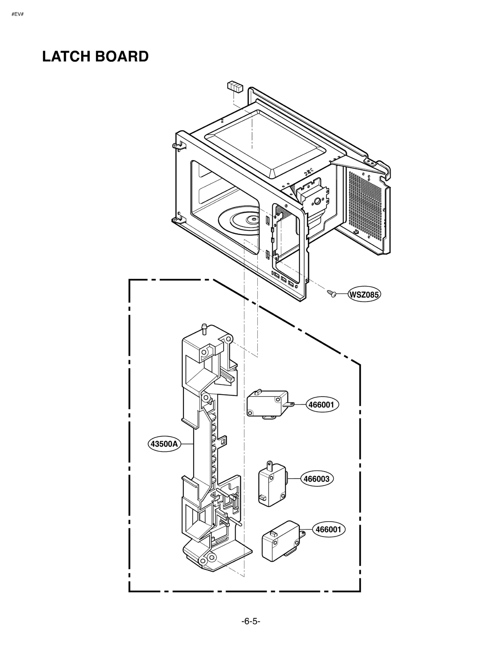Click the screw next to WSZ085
click(331, 293)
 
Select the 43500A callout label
click(164, 444)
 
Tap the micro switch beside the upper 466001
click(268, 404)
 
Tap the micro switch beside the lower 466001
click(280, 541)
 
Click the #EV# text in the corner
click(18, 14)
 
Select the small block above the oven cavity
click(235, 86)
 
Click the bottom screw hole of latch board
click(212, 558)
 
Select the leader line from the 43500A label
click(187, 444)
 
